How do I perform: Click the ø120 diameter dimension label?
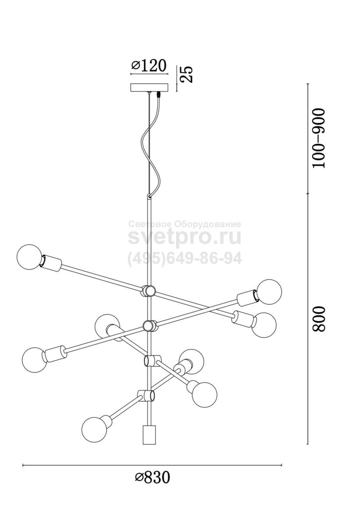pos(149,66)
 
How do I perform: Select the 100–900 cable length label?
pos(318,138)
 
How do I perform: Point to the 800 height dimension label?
pos(318,318)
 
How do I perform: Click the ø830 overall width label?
pos(152,477)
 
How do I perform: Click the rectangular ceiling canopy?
pos(150,88)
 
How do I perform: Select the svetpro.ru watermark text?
pos(184,238)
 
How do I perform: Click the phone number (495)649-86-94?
pos(184,259)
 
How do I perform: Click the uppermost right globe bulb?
pos(269,292)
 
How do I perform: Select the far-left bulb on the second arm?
pos(34,360)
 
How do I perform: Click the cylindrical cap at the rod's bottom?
pos(148,434)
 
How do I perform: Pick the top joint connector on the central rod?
pos(149,290)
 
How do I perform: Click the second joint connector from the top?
pos(150,325)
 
